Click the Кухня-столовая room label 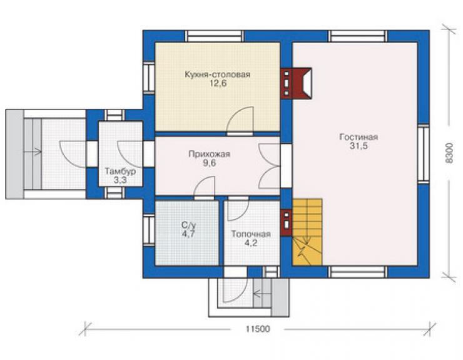point(218,74)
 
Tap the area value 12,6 point(218,83)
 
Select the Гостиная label point(359,137)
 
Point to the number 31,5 point(359,146)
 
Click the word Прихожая point(210,154)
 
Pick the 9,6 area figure point(210,163)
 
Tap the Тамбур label point(121,172)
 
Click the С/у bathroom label point(188,225)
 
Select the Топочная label point(251,234)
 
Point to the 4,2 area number point(251,243)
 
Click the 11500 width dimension point(258,329)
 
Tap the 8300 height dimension point(449,153)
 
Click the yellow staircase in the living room point(307,232)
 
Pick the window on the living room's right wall point(424,153)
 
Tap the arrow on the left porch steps point(33,152)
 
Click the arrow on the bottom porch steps point(262,294)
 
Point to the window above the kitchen point(215,36)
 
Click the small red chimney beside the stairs point(286,222)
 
